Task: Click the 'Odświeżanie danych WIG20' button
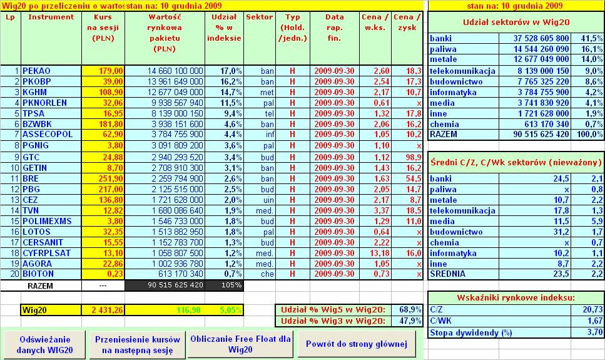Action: [x=44, y=344]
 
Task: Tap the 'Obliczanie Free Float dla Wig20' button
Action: [x=241, y=344]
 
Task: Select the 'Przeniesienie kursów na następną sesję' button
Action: [x=138, y=344]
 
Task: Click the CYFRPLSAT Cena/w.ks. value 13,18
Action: [x=377, y=252]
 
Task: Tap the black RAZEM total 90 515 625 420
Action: [x=166, y=285]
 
